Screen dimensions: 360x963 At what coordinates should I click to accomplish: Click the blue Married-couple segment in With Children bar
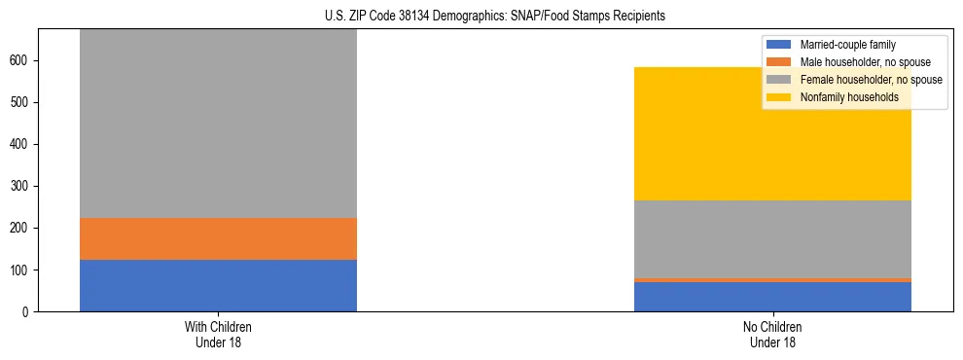pos(218,285)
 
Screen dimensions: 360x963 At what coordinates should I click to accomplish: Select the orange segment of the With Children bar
pos(218,238)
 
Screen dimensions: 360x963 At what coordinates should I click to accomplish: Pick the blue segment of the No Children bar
pos(772,297)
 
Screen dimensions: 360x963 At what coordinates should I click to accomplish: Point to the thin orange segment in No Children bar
pos(772,280)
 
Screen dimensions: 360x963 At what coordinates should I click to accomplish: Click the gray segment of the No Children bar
pos(772,238)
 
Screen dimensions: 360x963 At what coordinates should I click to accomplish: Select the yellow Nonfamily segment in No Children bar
pos(772,133)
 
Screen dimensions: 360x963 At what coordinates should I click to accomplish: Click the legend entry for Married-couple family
pos(847,45)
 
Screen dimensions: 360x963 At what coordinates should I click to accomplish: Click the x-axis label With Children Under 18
pos(218,335)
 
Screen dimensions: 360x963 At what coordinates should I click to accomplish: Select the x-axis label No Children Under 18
pos(772,335)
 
